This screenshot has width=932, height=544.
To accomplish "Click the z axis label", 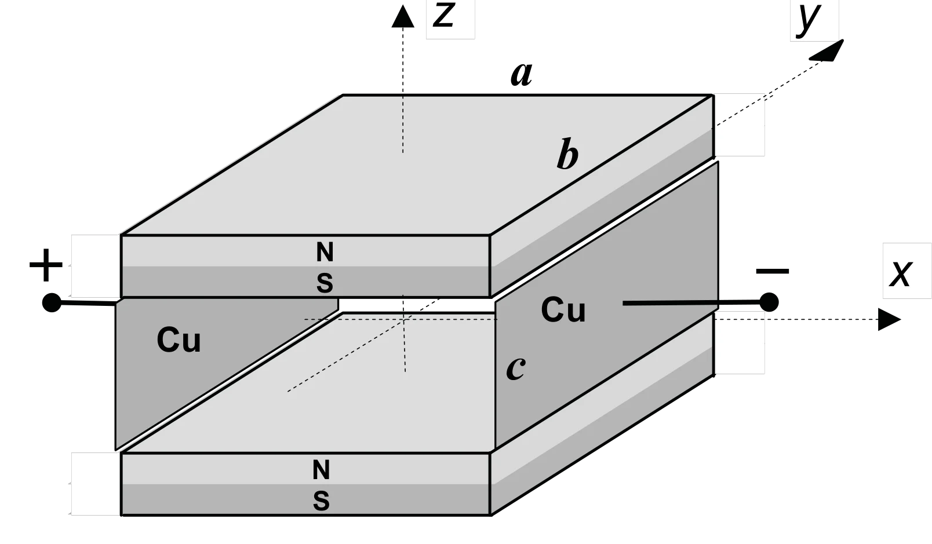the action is click(x=443, y=16).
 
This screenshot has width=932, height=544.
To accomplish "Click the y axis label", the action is click(x=808, y=19).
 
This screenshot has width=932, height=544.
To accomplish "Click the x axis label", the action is click(x=901, y=273).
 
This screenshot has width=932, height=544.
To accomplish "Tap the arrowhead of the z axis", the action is click(x=403, y=16).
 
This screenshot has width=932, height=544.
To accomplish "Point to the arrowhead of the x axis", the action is click(x=889, y=319).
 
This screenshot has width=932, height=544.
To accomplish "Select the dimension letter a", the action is click(x=521, y=75).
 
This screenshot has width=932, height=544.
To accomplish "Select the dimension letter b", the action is click(x=567, y=154).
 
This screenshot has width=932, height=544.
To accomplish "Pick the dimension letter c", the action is click(x=516, y=368).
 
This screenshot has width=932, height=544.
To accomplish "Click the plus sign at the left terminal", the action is click(x=46, y=265).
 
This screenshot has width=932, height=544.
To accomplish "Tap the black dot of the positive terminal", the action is click(x=52, y=302).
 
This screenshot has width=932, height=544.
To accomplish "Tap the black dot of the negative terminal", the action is click(x=769, y=302).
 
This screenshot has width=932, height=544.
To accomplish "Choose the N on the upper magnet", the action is click(x=325, y=252).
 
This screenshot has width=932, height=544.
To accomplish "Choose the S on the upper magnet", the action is click(x=325, y=283).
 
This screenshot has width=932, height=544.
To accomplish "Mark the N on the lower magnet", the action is click(x=321, y=470).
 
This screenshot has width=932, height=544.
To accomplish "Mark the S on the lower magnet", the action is click(x=321, y=501).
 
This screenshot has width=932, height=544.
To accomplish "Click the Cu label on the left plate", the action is click(x=179, y=340).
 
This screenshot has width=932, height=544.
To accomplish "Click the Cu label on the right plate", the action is click(x=563, y=309).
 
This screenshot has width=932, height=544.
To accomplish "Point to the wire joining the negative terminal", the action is click(x=691, y=303).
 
